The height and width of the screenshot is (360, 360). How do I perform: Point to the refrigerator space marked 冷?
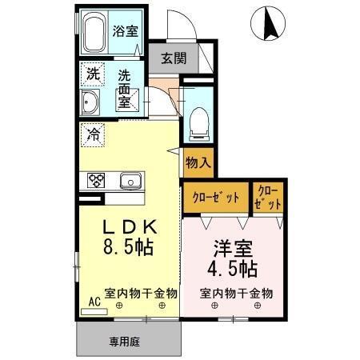click(x=91, y=134)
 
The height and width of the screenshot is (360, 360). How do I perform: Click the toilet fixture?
click(x=197, y=124)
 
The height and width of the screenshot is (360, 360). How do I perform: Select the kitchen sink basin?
click(x=130, y=182)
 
